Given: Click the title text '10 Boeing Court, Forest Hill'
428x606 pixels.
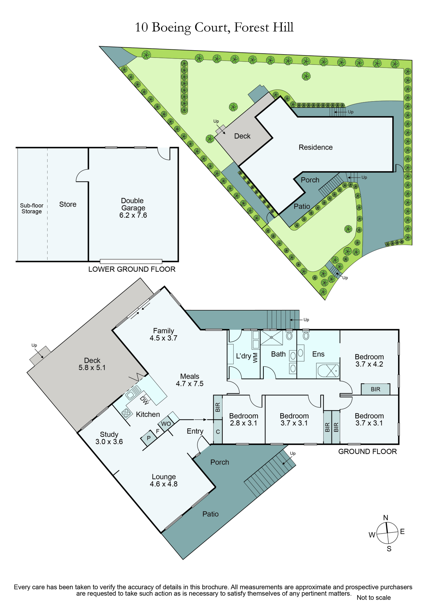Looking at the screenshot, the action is pos(214,28).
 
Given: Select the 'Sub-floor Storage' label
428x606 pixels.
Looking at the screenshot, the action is pos(32,208).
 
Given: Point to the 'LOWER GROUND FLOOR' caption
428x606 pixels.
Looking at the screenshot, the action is pos(132,269).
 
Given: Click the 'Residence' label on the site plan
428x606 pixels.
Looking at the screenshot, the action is pos(315,147).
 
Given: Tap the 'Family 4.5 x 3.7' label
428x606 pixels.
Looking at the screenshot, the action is pos(163,335).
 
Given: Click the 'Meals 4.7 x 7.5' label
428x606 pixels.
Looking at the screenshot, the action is pos(190,380).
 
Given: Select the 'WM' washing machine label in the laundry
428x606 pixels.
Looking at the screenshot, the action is pos(255,358).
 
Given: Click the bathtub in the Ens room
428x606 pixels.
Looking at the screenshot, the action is pos(328,371).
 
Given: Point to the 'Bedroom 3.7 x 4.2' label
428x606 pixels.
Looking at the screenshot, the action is pos(369,361).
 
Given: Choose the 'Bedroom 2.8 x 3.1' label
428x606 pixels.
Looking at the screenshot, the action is pos(244,420).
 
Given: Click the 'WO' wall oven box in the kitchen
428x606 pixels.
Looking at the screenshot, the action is pos(166,424).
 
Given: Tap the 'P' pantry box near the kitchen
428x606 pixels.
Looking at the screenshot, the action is pos(149,438).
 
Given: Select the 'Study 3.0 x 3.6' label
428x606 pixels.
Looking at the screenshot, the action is pos(109,438).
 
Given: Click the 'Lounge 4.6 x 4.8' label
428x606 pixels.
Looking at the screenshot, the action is pos(164,481).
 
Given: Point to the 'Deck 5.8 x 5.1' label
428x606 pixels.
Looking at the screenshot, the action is pos(92,364).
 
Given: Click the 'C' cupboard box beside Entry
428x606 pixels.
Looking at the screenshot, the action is pos(218,432).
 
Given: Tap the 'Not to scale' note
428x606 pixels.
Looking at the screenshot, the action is pos(374,598).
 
